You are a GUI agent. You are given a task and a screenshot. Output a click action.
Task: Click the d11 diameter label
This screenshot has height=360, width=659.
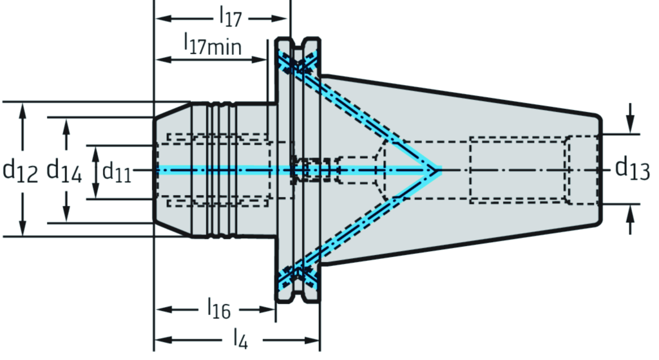click(x=117, y=171)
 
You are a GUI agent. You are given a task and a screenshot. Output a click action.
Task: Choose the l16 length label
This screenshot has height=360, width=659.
click(x=218, y=310)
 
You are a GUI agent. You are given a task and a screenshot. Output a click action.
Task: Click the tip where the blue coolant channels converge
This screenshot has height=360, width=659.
click(x=437, y=171)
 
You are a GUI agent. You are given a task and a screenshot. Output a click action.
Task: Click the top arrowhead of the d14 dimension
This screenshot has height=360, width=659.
click(x=66, y=126)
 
